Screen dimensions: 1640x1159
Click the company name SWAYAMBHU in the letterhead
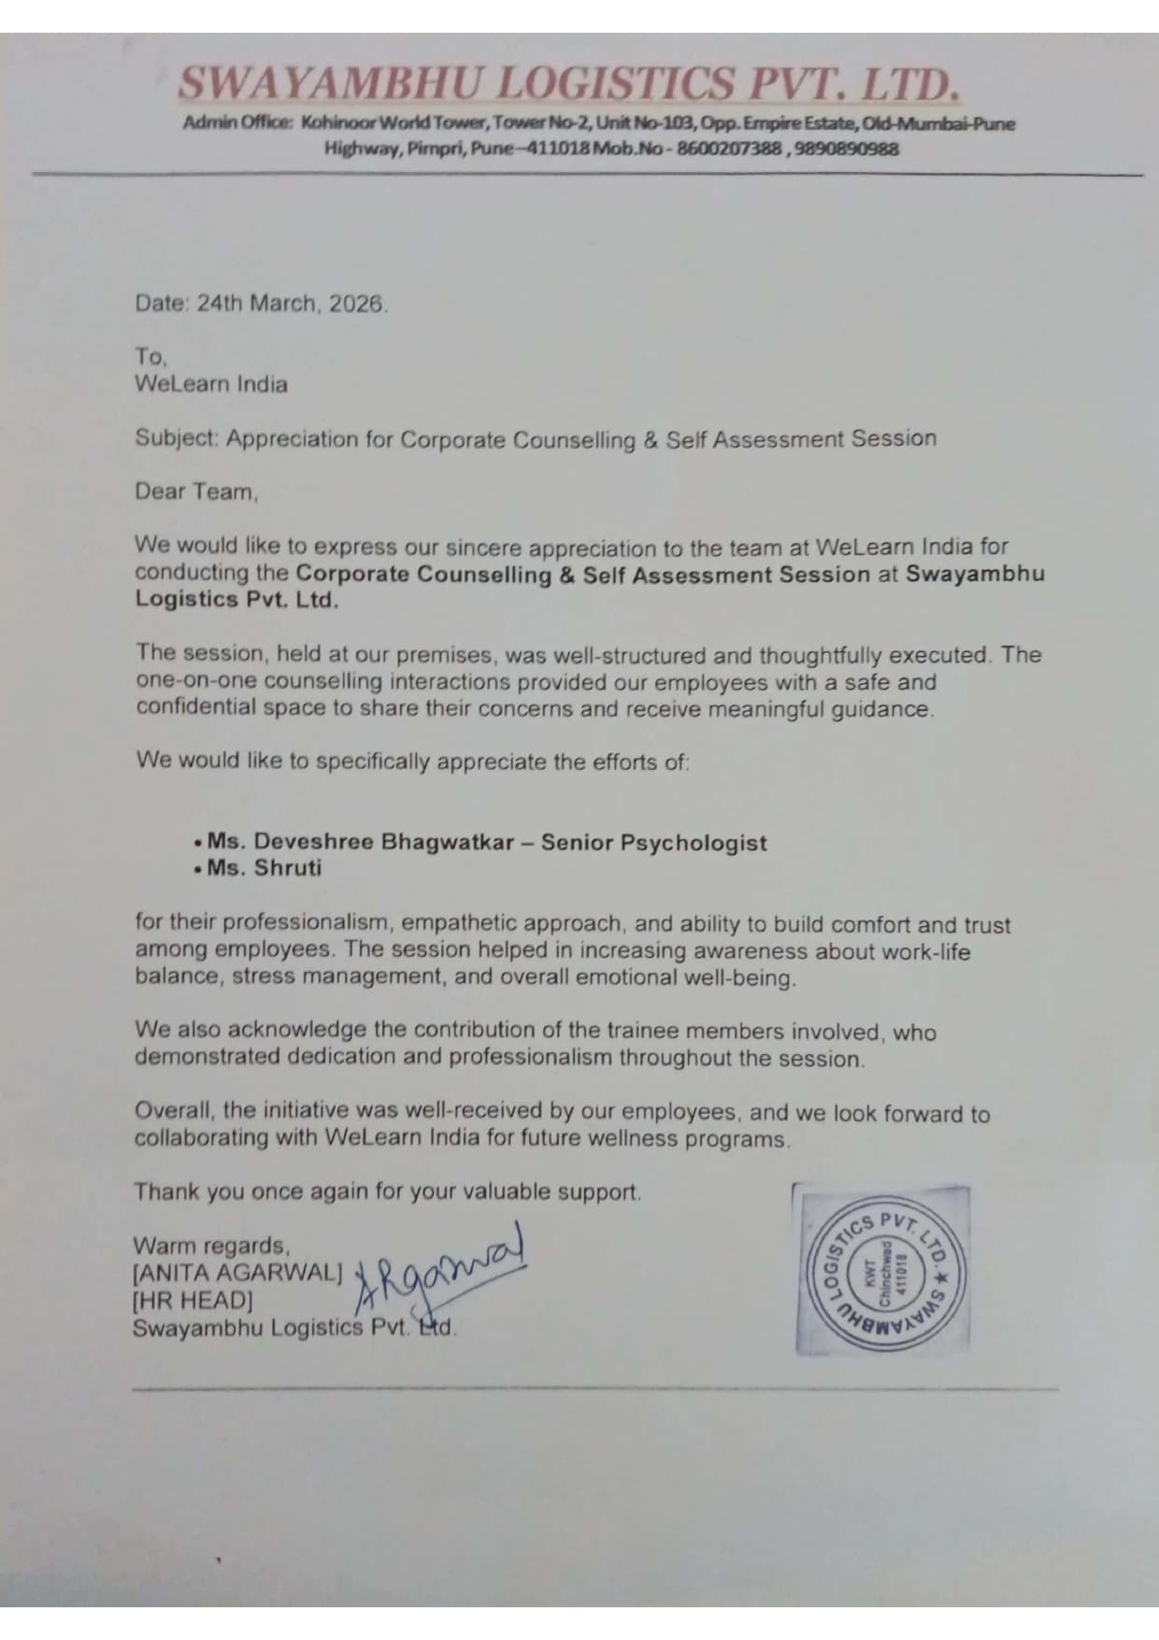(x=332, y=85)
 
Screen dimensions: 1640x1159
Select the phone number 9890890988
(x=845, y=149)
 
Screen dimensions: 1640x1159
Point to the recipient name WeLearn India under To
(x=211, y=384)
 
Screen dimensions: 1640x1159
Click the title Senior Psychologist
(x=654, y=842)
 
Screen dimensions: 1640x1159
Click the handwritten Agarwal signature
(x=439, y=1271)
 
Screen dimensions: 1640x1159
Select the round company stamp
(x=882, y=1271)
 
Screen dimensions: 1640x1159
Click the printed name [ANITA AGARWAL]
(x=238, y=1273)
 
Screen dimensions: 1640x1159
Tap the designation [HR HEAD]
(x=193, y=1300)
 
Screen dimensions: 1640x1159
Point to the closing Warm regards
(x=211, y=1246)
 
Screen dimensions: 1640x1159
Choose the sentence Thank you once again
(x=387, y=1192)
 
